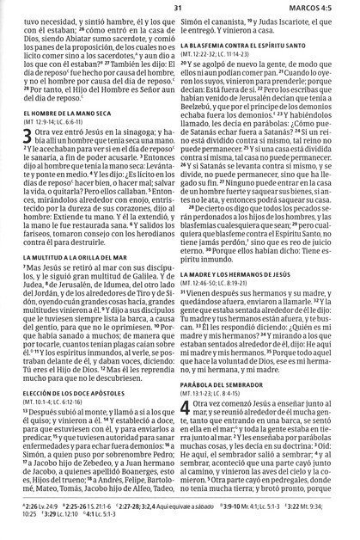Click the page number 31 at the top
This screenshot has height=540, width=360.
[x=179, y=9]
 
